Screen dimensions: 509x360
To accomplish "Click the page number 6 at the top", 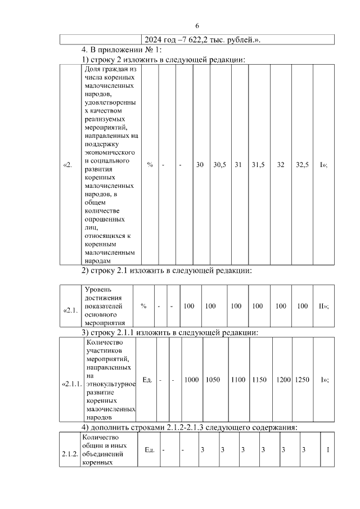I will tap(197, 26).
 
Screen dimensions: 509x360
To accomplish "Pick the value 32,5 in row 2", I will tap(302, 165).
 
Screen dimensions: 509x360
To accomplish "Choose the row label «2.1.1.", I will tap(71, 380).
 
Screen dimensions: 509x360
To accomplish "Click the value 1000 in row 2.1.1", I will tap(191, 380).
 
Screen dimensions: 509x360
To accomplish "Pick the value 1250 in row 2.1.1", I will tap(302, 380).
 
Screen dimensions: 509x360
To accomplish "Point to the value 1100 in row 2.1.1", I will tap(238, 380).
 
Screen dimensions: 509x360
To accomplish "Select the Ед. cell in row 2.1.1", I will tap(147, 380).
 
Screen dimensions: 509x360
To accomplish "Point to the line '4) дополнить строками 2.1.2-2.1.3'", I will tap(189, 427).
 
